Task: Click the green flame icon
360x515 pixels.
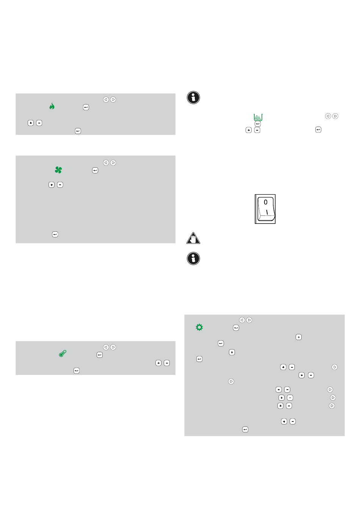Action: tap(52, 106)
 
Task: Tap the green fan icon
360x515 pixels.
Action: tap(58, 170)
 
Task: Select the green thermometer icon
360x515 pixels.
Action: tap(63, 353)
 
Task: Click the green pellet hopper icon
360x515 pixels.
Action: tap(258, 117)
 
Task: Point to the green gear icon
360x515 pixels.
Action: tap(199, 327)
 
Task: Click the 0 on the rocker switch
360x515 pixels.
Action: tap(266, 202)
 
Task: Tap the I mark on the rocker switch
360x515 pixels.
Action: tap(267, 212)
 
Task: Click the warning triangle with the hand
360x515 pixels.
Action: tap(193, 238)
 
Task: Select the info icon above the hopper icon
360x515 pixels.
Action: tap(193, 97)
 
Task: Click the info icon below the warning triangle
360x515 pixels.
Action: tap(193, 258)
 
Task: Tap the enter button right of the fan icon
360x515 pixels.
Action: tap(95, 170)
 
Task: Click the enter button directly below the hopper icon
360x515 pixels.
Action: tap(258, 124)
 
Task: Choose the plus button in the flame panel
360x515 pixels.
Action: tap(31, 123)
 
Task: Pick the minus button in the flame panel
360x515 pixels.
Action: tap(39, 123)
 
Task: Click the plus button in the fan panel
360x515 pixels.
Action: tap(52, 185)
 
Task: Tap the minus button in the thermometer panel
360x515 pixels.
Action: tap(167, 363)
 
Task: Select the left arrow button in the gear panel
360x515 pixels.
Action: tap(242, 320)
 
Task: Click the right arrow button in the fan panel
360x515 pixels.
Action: tap(113, 163)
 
